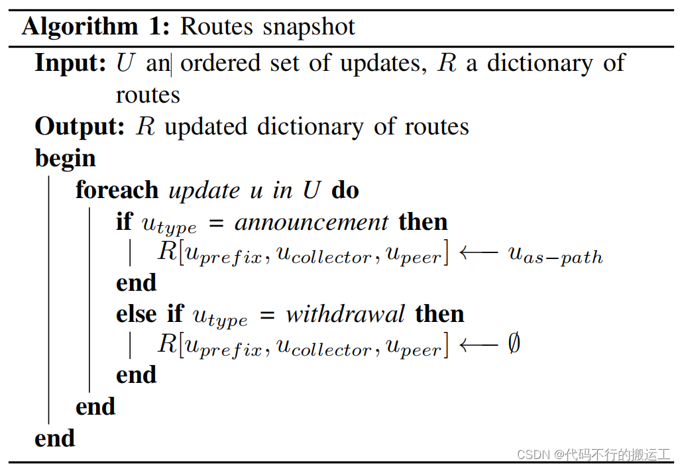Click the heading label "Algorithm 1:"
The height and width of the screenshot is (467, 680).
[x=97, y=26]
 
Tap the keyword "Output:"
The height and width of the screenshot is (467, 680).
[x=80, y=126]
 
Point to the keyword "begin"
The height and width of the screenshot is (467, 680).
[x=66, y=158]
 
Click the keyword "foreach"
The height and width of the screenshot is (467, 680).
[x=117, y=190]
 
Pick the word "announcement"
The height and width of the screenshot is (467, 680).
[x=312, y=222]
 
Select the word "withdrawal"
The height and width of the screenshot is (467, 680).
[x=345, y=313]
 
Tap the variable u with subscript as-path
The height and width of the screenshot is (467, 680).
[x=555, y=254]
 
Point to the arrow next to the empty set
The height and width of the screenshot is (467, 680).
[x=479, y=345]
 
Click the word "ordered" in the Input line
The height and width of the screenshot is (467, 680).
[x=221, y=63]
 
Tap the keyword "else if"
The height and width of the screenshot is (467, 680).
[x=150, y=313]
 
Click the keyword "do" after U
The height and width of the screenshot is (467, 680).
[x=345, y=190]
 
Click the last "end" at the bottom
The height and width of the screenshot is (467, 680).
[x=55, y=438]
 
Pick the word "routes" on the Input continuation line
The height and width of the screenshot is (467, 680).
[x=148, y=95]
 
